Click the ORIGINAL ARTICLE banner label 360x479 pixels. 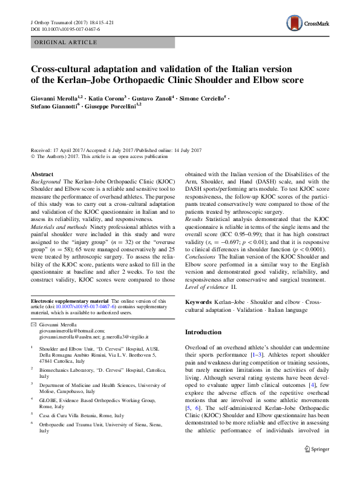point(67,42)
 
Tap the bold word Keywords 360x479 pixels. point(198,302)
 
